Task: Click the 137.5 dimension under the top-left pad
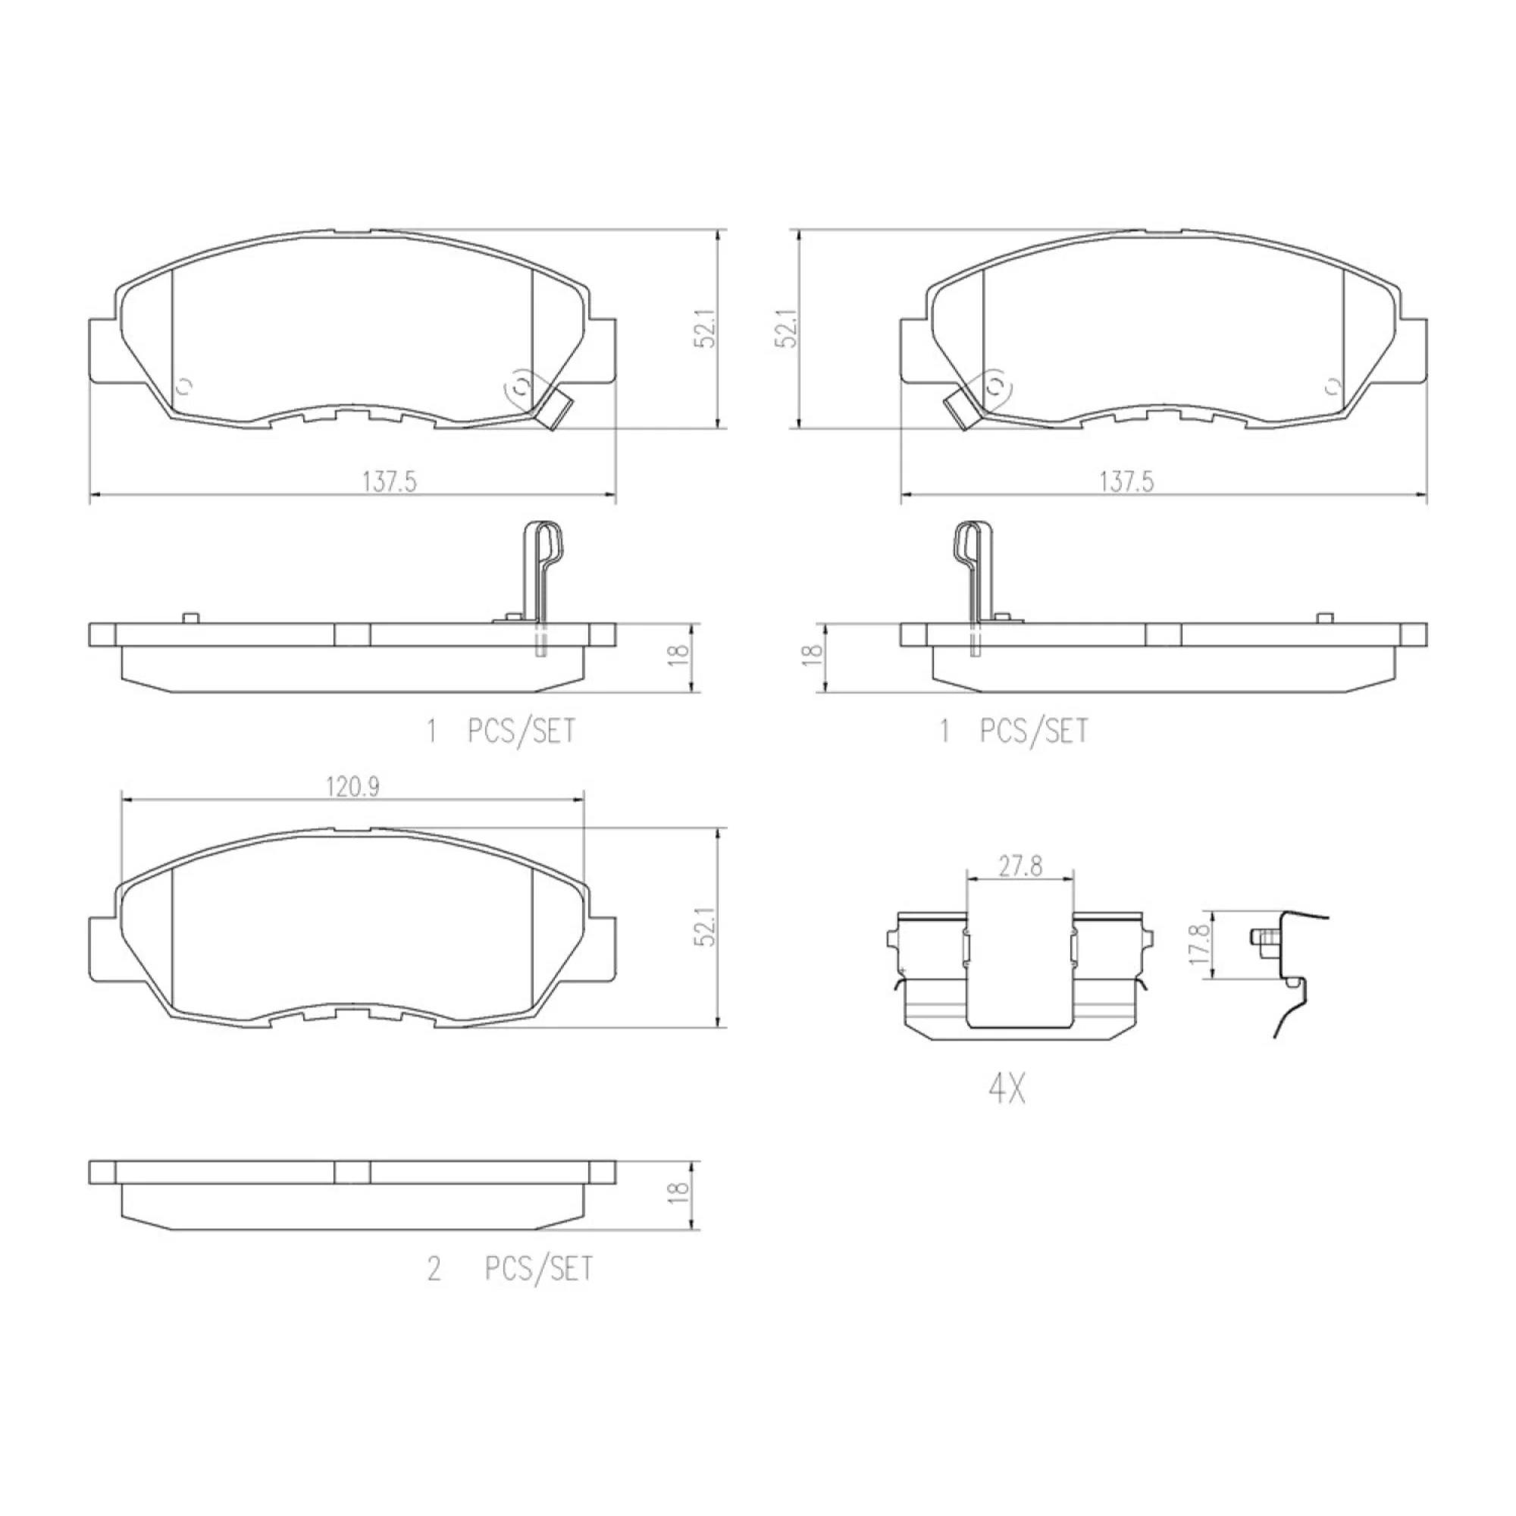(388, 481)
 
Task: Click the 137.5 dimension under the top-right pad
(1126, 481)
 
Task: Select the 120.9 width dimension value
(352, 787)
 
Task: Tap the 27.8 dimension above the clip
(1020, 867)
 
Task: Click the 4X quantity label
(1007, 1089)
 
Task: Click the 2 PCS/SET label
(510, 1269)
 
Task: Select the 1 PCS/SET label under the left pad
(500, 731)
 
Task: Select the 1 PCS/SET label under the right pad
(1013, 731)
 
